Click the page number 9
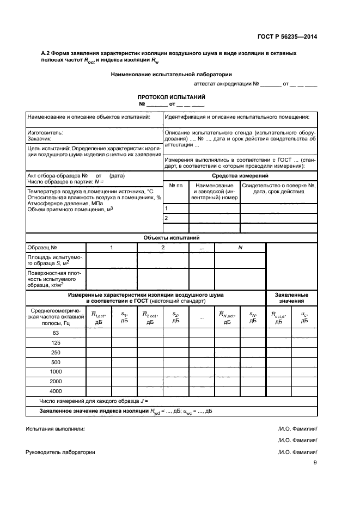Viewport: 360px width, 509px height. pos(315,463)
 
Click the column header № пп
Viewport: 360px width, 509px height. pos(175,186)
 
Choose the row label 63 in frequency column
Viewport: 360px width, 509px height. pos(56,333)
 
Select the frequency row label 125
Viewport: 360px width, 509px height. pos(56,342)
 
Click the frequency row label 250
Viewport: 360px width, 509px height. pos(56,352)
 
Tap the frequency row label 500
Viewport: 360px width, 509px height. pos(56,362)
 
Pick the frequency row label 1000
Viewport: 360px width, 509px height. pos(56,372)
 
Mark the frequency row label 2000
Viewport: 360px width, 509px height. pos(56,382)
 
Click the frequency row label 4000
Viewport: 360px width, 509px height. pos(56,391)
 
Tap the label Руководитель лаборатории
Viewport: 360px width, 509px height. pos(60,452)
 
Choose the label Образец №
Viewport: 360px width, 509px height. pos(42,248)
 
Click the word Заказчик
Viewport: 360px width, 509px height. pos(40,139)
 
